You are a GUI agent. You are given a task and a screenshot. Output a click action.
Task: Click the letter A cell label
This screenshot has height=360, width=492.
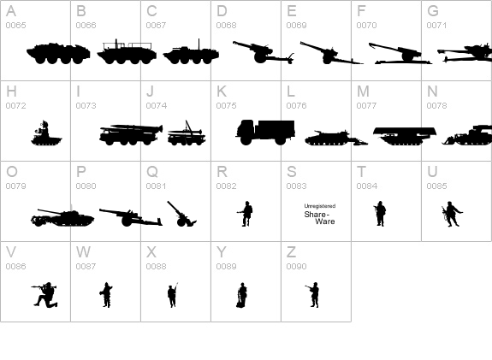pyautogui.click(x=11, y=11)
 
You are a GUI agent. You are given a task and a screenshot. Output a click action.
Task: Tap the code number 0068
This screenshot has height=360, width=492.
pyautogui.click(x=226, y=26)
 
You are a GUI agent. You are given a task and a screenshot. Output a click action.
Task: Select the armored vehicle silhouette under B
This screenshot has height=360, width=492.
pyautogui.click(x=126, y=53)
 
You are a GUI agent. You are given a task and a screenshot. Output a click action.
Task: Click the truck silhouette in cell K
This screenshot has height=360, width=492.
pyautogui.click(x=265, y=131)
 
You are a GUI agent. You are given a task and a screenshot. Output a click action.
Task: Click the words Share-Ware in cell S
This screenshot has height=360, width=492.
pyautogui.click(x=320, y=218)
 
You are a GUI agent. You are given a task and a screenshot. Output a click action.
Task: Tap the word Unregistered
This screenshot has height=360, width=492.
pyautogui.click(x=320, y=206)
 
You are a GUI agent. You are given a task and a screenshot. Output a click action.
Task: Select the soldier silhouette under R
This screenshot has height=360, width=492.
pyautogui.click(x=246, y=214)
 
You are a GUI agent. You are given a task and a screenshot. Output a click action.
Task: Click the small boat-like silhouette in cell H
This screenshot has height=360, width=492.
pyautogui.click(x=45, y=133)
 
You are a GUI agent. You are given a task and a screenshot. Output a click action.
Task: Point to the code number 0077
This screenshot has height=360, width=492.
pyautogui.click(x=366, y=106)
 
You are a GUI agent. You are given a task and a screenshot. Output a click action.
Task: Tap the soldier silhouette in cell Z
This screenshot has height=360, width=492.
pyautogui.click(x=314, y=295)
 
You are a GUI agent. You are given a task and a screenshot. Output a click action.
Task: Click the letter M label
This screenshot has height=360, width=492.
pyautogui.click(x=363, y=91)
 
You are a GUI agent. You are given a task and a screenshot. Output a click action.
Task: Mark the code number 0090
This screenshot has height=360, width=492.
pyautogui.click(x=296, y=267)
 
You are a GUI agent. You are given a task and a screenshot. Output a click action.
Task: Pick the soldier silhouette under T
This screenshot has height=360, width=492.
pyautogui.click(x=380, y=214)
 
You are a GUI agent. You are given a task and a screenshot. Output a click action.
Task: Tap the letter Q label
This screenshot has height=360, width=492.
pyautogui.click(x=151, y=172)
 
